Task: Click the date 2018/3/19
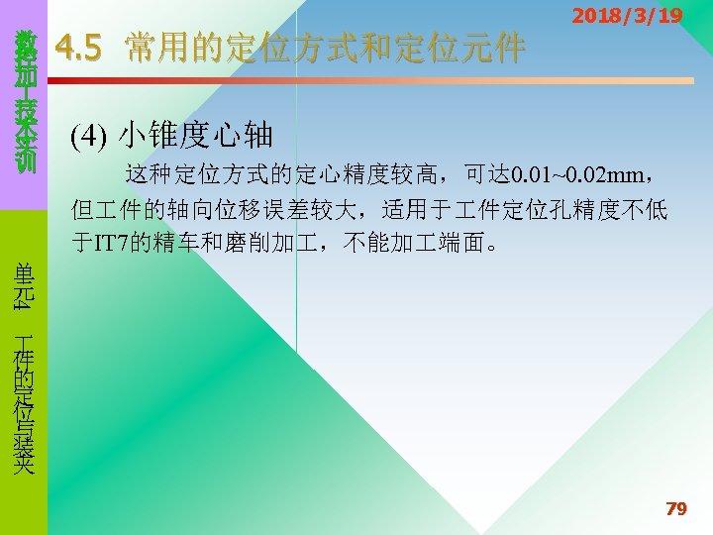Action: [x=627, y=17]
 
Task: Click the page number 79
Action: [x=676, y=509]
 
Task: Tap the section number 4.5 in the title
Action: [x=78, y=48]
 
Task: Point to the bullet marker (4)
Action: [x=88, y=135]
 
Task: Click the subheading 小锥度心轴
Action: [x=195, y=135]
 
